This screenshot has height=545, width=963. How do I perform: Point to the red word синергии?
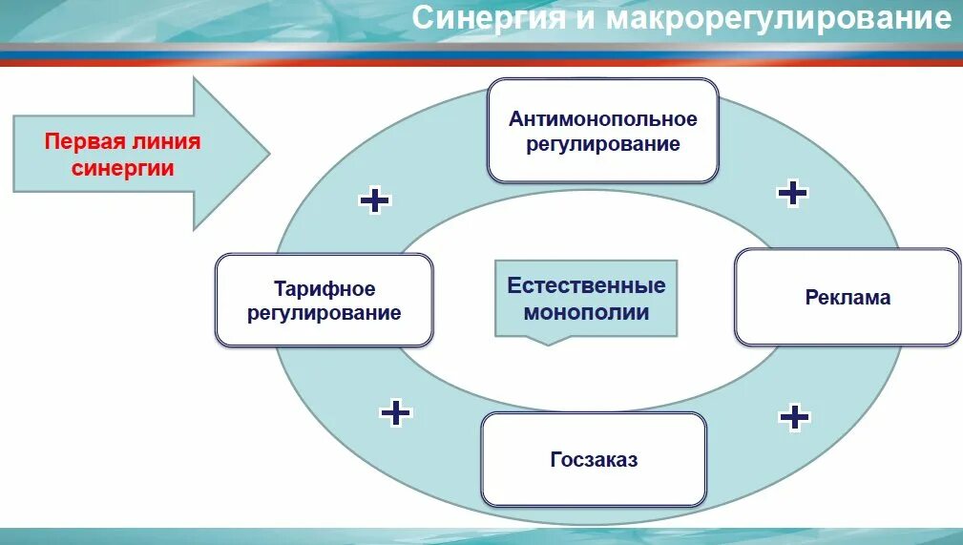(x=123, y=168)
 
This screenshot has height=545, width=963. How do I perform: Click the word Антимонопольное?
(x=603, y=119)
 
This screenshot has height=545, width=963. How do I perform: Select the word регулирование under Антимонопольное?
(x=603, y=144)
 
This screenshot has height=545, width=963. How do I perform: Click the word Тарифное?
(x=324, y=288)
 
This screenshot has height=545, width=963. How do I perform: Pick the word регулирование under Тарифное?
(x=324, y=312)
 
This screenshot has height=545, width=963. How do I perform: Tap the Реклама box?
(x=848, y=297)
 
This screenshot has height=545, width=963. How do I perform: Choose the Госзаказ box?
(x=594, y=459)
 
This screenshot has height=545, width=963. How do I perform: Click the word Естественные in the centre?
(x=586, y=285)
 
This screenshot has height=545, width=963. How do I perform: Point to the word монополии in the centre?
(x=586, y=311)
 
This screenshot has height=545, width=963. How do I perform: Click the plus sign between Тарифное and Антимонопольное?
(x=374, y=199)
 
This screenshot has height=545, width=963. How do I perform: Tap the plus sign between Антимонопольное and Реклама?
(x=792, y=193)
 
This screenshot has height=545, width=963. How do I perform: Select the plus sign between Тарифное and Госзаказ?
(x=395, y=412)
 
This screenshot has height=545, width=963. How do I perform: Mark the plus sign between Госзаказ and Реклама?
(x=794, y=416)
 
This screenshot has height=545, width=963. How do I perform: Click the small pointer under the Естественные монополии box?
(x=547, y=340)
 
